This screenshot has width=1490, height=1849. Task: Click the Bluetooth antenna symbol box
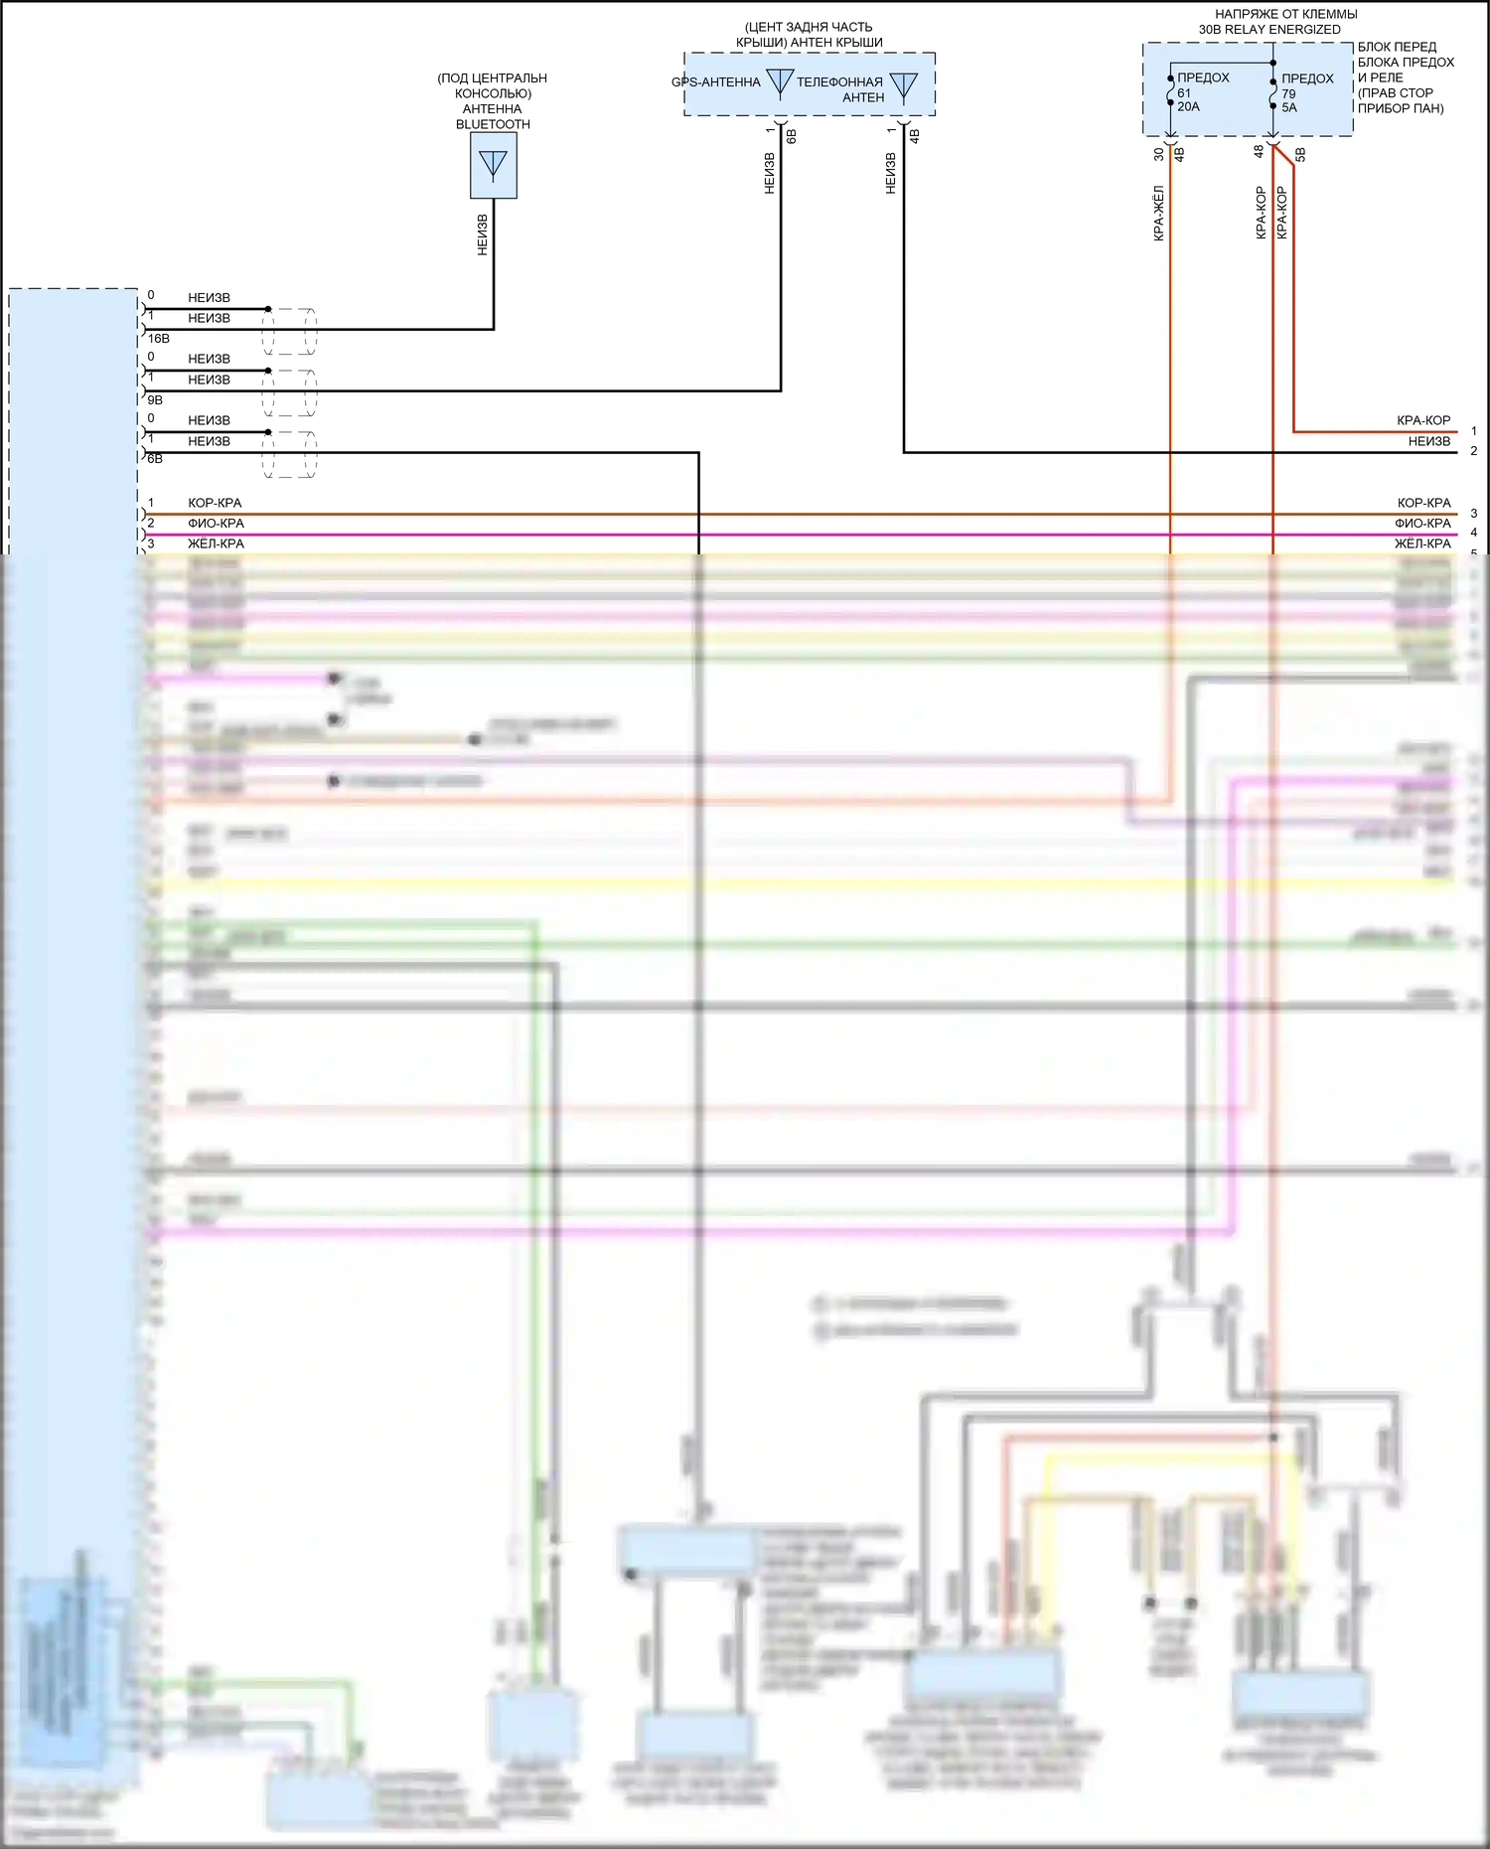pyautogui.click(x=493, y=165)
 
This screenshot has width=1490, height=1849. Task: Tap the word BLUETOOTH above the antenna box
pyautogui.click(x=493, y=124)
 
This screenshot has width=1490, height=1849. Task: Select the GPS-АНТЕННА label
pyautogui.click(x=715, y=82)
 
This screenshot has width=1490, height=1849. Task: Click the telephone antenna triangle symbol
pyautogui.click(x=903, y=86)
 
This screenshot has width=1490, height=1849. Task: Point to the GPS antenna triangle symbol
pyautogui.click(x=781, y=82)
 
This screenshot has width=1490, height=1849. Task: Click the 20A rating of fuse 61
pyautogui.click(x=1188, y=107)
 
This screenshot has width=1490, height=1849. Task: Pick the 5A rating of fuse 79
pyautogui.click(x=1288, y=108)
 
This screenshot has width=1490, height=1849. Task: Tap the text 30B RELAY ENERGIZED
pyautogui.click(x=1269, y=30)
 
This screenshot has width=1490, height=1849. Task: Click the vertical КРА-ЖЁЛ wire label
pyautogui.click(x=1158, y=214)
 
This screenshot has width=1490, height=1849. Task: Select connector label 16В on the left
pyautogui.click(x=159, y=339)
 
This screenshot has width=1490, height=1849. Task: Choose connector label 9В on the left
pyautogui.click(x=155, y=399)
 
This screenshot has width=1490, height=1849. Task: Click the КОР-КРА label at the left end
pyautogui.click(x=215, y=503)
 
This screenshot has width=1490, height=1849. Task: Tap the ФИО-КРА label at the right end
pyautogui.click(x=1422, y=524)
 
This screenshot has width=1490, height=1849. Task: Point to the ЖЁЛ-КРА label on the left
pyautogui.click(x=216, y=543)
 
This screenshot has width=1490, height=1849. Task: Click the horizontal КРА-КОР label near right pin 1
pyautogui.click(x=1422, y=420)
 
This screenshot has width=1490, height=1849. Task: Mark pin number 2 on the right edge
pyautogui.click(x=1474, y=451)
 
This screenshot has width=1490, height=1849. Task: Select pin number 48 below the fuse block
pyautogui.click(x=1259, y=152)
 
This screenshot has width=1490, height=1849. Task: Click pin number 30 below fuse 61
pyautogui.click(x=1158, y=154)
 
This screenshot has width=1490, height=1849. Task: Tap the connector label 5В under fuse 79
pyautogui.click(x=1300, y=155)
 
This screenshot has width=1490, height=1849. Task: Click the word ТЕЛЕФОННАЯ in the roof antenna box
pyautogui.click(x=839, y=82)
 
